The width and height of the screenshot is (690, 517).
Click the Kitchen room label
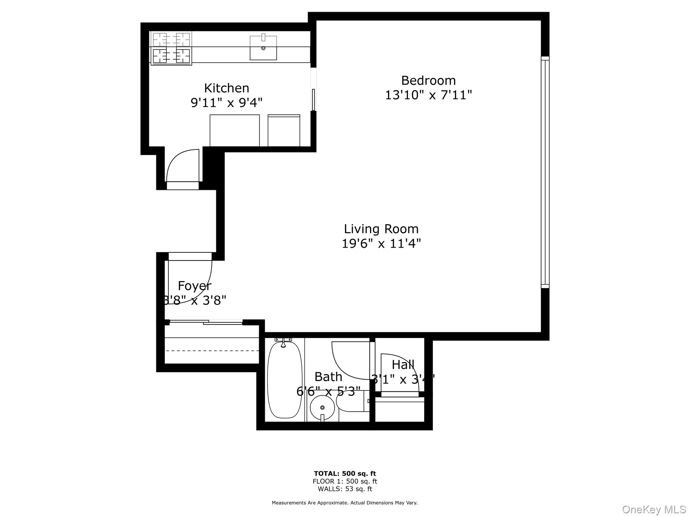tap(226, 88)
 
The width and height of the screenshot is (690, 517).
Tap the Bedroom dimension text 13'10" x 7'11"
tap(428, 95)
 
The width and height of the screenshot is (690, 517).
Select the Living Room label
tap(381, 229)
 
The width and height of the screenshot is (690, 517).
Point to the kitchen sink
tap(263, 48)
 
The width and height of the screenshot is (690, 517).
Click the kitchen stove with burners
tap(171, 48)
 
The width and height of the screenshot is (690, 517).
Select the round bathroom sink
tap(322, 407)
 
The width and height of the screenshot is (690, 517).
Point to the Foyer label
tap(194, 286)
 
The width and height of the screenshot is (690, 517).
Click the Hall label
tap(403, 365)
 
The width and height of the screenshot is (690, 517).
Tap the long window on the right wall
tap(545, 172)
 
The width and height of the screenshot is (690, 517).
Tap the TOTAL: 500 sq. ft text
tap(345, 474)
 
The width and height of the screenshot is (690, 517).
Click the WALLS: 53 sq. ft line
tap(345, 489)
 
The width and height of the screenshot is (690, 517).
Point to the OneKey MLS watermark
tap(654, 510)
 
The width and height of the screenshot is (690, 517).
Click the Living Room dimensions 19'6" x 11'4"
tap(381, 243)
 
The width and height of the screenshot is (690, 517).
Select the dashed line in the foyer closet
tap(212, 351)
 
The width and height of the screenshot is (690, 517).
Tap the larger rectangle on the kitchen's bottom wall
tap(234, 131)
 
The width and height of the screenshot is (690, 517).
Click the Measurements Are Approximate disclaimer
tap(345, 503)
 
